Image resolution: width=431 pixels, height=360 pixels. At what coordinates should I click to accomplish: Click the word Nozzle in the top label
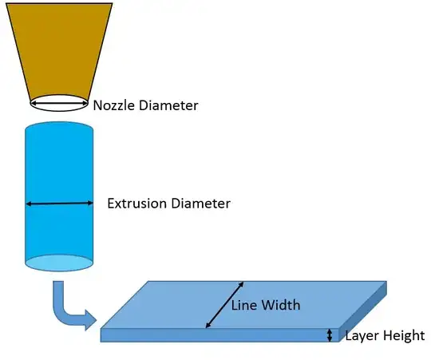click(x=113, y=105)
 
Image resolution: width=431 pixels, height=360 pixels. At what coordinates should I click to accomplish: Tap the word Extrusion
click(x=137, y=204)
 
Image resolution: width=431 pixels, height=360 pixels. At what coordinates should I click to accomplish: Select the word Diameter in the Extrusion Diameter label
click(x=200, y=204)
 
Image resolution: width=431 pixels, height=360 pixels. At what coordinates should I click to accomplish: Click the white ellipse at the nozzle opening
click(x=59, y=102)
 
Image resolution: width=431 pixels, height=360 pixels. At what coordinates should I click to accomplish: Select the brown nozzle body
click(x=59, y=48)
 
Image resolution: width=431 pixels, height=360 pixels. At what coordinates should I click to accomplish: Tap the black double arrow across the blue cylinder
click(x=59, y=204)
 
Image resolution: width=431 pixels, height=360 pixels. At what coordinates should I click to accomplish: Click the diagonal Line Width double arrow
click(x=224, y=305)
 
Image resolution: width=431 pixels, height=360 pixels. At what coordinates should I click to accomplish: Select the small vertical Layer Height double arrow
click(x=330, y=335)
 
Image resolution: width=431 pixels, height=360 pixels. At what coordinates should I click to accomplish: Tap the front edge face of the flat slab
click(x=215, y=335)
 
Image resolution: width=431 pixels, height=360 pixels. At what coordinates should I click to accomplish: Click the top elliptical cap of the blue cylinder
click(x=59, y=129)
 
